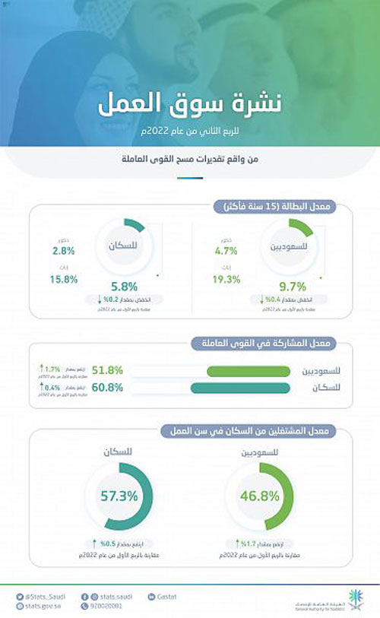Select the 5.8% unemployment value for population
[x=124, y=287]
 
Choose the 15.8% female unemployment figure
[x=65, y=280]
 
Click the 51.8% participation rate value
[x=106, y=371]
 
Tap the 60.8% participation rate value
[x=106, y=388]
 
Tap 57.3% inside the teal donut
[x=119, y=496]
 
